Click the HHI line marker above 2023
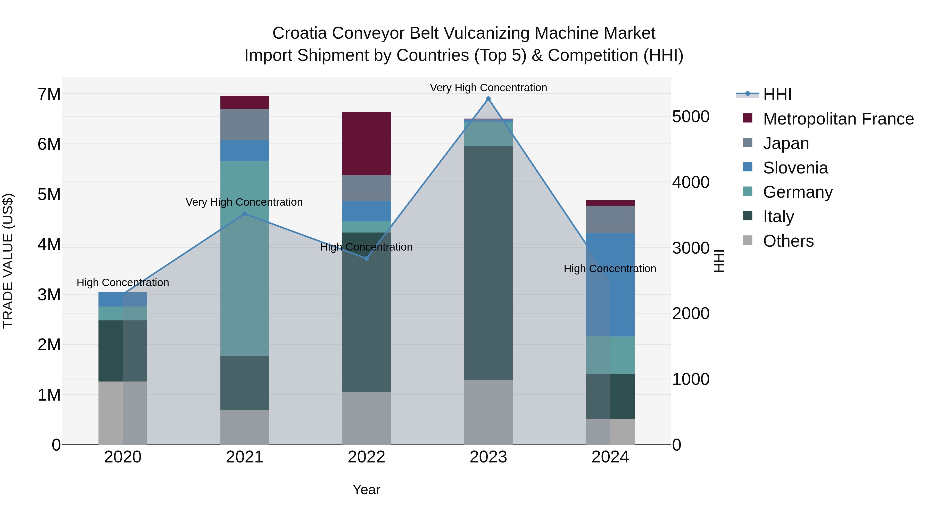pyautogui.click(x=488, y=99)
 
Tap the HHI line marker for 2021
pyautogui.click(x=245, y=214)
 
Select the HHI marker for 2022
pyautogui.click(x=366, y=258)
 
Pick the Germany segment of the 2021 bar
pyautogui.click(x=245, y=258)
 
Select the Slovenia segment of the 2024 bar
pyautogui.click(x=610, y=285)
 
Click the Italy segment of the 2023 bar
pyautogui.click(x=488, y=263)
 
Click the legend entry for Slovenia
pyautogui.click(x=795, y=168)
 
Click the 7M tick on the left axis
pyautogui.click(x=49, y=94)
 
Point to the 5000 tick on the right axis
pyautogui.click(x=691, y=117)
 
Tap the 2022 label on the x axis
pyautogui.click(x=366, y=457)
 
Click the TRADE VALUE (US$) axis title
pyautogui.click(x=8, y=261)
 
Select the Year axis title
pyautogui.click(x=366, y=490)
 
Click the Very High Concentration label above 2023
pyautogui.click(x=488, y=88)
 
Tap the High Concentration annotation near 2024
pyautogui.click(x=610, y=269)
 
